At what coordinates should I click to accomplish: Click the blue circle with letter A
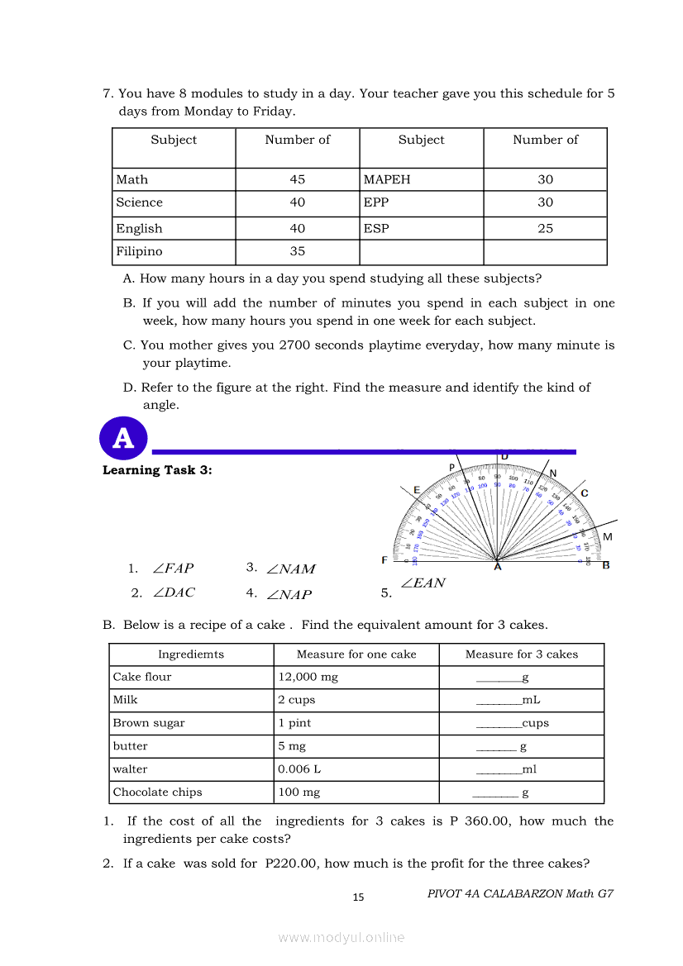tap(123, 439)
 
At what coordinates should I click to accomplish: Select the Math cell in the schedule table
tap(132, 179)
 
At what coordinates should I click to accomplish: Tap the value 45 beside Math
tap(298, 179)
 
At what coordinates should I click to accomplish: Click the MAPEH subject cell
tap(387, 179)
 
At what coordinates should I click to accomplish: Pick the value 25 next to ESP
tap(546, 228)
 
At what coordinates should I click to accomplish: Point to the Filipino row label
tap(139, 251)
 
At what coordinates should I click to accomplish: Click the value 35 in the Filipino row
tap(298, 251)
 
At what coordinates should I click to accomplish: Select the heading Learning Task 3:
tap(157, 470)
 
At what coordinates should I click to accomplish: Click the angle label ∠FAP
tap(173, 569)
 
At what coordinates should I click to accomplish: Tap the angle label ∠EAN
tap(423, 583)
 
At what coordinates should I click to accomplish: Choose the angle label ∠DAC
tap(174, 592)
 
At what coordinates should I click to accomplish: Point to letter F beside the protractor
tap(384, 560)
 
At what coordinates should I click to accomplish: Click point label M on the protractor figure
tap(608, 537)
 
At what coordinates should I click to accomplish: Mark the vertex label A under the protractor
tap(497, 567)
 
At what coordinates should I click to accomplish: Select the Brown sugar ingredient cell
tap(149, 723)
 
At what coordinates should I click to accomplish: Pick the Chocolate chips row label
tap(158, 792)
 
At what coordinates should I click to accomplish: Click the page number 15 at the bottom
tap(358, 897)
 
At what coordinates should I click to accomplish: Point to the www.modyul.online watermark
tap(341, 938)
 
